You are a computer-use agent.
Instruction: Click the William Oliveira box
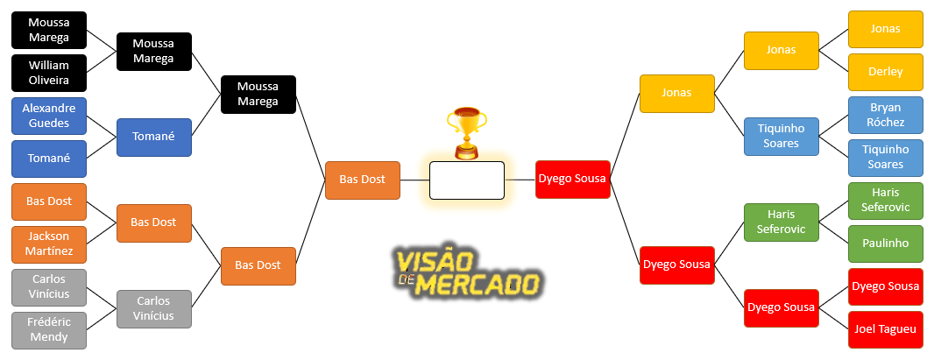(x=49, y=73)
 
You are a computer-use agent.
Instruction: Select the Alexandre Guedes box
(x=49, y=116)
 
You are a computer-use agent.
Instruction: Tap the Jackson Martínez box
(x=49, y=244)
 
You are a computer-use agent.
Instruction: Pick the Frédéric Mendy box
(x=49, y=330)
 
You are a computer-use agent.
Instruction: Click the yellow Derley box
(x=885, y=72)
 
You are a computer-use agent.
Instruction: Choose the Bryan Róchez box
(x=885, y=115)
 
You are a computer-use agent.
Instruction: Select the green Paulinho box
(x=885, y=244)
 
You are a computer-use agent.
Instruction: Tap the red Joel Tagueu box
(x=885, y=329)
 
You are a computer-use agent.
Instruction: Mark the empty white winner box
(x=466, y=180)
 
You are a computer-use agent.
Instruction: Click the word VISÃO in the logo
(x=435, y=262)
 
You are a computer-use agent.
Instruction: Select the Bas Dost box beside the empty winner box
(x=362, y=180)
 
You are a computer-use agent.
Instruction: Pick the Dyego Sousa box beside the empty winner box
(x=572, y=180)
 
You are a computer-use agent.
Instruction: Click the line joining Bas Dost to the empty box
(x=414, y=180)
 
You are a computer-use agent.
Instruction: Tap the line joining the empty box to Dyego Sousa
(x=520, y=180)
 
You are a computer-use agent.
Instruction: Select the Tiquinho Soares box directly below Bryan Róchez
(x=885, y=158)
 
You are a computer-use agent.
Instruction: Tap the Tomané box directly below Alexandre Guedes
(x=49, y=159)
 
